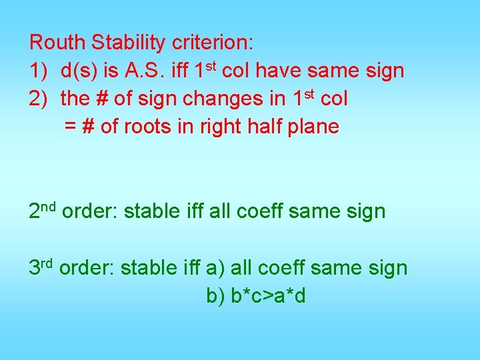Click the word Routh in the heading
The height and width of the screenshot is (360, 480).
tap(58, 43)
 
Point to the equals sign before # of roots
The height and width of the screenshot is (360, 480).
tap(70, 127)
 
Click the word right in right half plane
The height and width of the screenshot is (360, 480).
tap(219, 127)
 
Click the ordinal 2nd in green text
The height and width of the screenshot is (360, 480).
tap(43, 211)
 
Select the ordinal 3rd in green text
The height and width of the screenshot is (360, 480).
tap(41, 267)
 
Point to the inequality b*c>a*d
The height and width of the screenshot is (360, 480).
tap(268, 295)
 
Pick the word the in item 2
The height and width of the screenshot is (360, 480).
tap(75, 99)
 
